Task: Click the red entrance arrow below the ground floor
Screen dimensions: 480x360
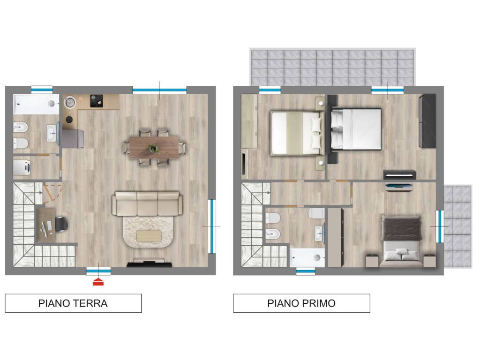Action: coord(98,282)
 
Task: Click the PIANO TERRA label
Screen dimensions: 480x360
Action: coord(73,303)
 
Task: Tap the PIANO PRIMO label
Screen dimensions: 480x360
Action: coord(301,303)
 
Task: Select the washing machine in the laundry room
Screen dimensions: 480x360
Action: coord(22,167)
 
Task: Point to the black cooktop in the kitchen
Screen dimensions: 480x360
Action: coord(97,101)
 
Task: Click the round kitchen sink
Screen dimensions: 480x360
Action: coord(70,102)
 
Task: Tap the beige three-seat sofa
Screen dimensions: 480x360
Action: coord(147,203)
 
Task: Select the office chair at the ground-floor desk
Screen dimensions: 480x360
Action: coord(61,225)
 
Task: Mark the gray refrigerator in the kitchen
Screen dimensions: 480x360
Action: coord(73,139)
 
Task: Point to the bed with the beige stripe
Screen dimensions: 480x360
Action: coord(296,133)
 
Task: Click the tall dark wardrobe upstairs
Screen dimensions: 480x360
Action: coord(427,121)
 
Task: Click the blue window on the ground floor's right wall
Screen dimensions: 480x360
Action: coord(212,226)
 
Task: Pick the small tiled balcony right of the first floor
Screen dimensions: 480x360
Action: coord(458,226)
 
